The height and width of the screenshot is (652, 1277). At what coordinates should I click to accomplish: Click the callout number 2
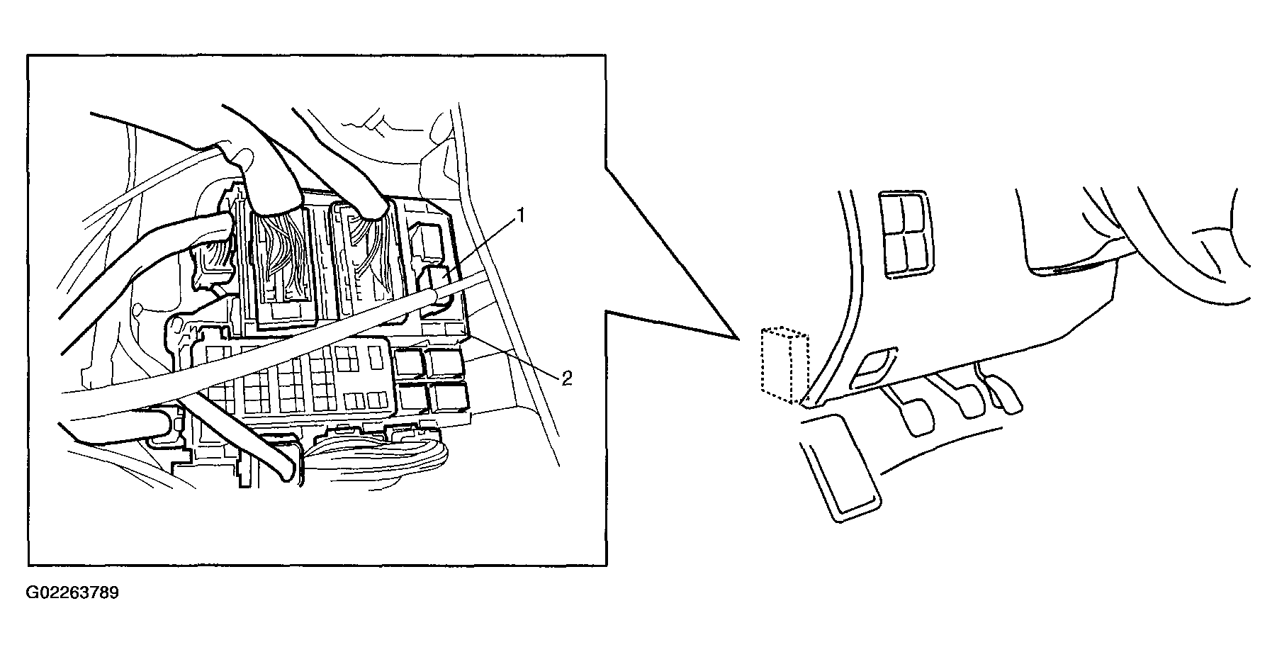[566, 378]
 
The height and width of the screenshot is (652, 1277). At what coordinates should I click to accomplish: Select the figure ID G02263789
[73, 592]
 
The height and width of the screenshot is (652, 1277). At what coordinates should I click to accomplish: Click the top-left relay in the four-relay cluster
[410, 363]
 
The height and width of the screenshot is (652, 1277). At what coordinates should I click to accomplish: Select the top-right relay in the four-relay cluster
[446, 362]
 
